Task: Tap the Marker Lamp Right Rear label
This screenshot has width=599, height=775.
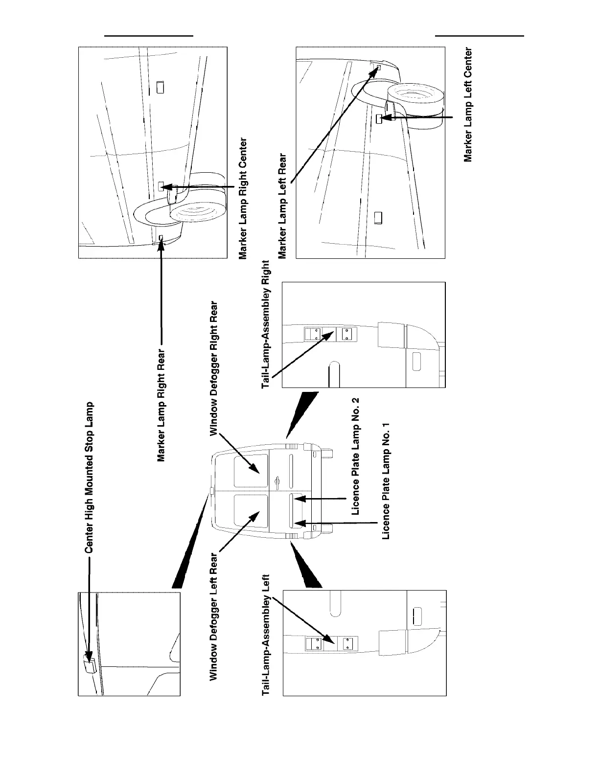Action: click(161, 405)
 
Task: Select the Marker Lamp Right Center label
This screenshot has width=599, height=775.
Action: click(242, 198)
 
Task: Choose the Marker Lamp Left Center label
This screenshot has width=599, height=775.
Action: click(468, 105)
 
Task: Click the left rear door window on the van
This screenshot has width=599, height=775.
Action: click(251, 511)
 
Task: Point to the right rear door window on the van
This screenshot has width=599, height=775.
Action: click(251, 470)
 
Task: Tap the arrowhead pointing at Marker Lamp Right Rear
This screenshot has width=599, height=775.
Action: click(161, 245)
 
